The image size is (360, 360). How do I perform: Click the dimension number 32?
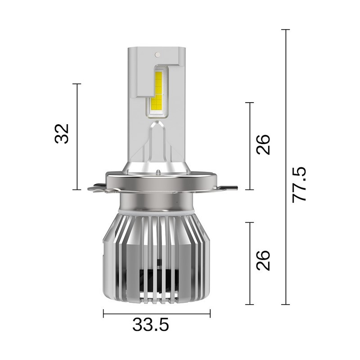coord(62,133)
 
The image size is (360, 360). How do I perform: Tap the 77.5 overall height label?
coord(299,184)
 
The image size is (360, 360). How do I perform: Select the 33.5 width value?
coord(151,324)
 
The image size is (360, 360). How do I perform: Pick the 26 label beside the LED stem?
coord(263,144)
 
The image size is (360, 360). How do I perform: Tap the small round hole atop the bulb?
coord(157,54)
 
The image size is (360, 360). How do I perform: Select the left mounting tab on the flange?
coord(96,187)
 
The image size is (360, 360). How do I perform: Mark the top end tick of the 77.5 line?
coord(285,30)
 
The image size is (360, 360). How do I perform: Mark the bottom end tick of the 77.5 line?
coord(285,305)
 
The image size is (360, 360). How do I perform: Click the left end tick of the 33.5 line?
coord(103,314)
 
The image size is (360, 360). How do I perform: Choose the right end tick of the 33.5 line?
coord(210,314)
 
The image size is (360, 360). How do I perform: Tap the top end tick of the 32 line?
coord(76,84)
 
